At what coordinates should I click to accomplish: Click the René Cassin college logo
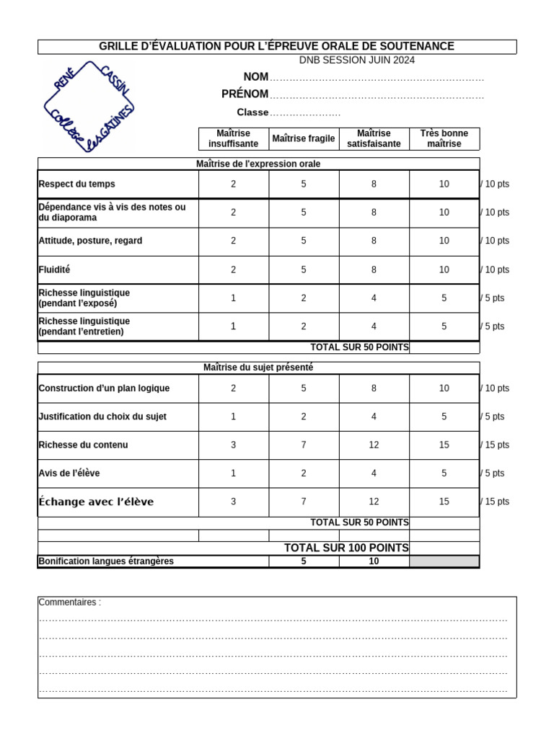[89, 107]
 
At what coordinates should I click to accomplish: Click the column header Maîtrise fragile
[304, 138]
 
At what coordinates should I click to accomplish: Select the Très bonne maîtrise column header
[444, 138]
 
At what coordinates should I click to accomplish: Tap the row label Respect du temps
[76, 184]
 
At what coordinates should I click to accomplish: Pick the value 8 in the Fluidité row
[374, 270]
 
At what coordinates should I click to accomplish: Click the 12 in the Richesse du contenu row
[374, 445]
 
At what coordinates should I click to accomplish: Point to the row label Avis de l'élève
[69, 474]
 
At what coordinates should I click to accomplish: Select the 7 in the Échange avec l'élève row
[304, 502]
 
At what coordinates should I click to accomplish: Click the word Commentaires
[69, 603]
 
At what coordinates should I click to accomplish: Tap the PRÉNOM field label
[245, 94]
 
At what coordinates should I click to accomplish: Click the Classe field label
[252, 112]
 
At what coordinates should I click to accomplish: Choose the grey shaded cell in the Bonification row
[444, 561]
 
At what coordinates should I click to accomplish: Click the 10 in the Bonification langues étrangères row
[374, 561]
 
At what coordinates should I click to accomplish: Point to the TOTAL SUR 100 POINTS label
[346, 548]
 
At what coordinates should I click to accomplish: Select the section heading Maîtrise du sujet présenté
[258, 368]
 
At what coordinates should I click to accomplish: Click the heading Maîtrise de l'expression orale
[258, 164]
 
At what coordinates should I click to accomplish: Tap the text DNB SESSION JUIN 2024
[357, 61]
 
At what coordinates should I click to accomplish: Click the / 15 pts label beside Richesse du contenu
[495, 445]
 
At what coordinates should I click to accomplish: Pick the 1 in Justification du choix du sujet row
[233, 417]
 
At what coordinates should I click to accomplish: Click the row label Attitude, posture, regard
[90, 241]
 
